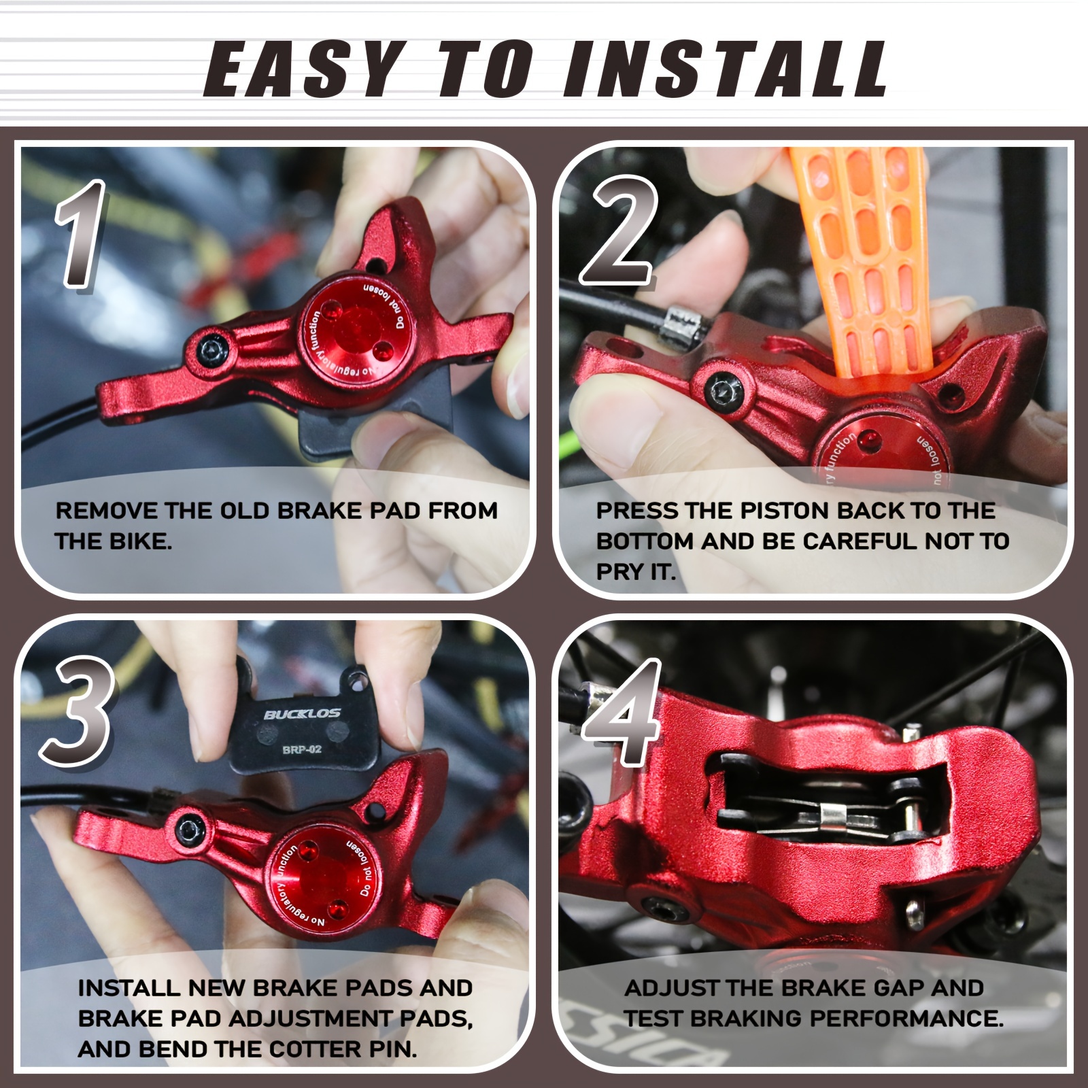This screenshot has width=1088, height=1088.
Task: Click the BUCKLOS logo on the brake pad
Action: [302, 714]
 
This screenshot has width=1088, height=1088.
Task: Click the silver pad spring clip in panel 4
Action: [840, 815]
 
